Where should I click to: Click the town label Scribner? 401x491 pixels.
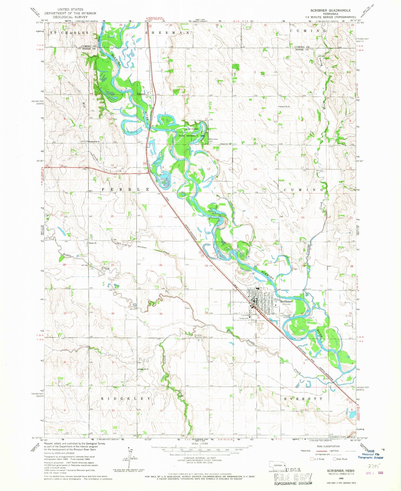(286, 301)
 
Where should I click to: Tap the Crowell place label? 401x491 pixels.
(141, 94)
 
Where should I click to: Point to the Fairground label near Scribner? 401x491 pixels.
(243, 318)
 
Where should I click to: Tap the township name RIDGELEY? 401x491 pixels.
(126, 399)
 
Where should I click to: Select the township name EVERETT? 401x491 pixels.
(303, 399)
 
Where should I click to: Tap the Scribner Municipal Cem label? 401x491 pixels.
(202, 336)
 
